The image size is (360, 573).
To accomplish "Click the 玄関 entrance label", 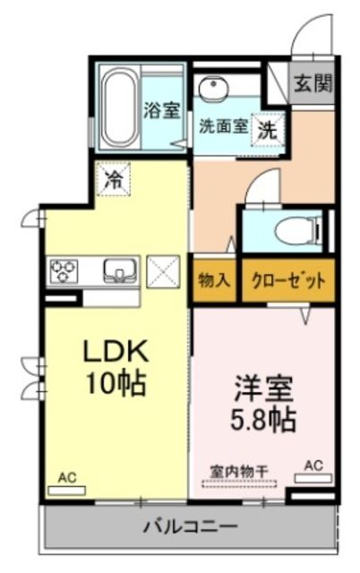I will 313,84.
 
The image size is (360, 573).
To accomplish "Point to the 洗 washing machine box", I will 268,128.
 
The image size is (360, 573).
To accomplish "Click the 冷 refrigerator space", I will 115,180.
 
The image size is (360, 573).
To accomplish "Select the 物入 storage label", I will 214,279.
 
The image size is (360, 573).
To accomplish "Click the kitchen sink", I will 118,269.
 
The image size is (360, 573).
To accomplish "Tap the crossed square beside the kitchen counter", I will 163,269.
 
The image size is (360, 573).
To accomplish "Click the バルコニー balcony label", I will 189,526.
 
